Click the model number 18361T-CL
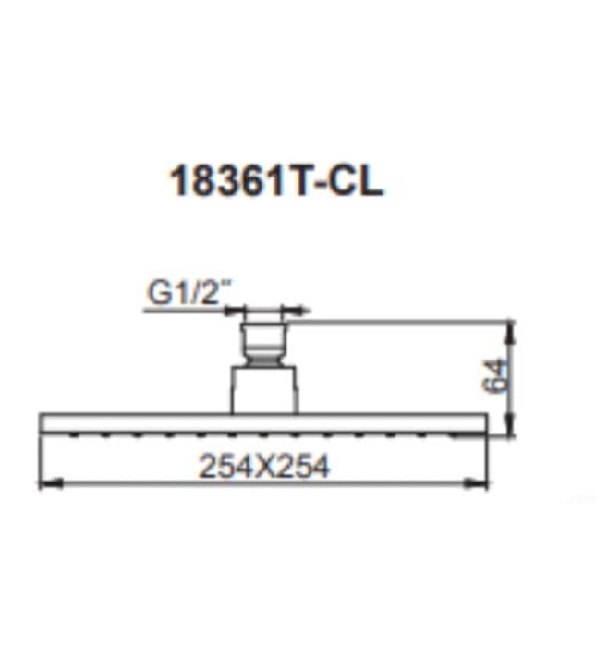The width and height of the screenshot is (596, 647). pos(274,181)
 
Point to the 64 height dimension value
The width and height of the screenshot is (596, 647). pos(497,376)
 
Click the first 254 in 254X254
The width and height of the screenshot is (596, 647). pos(221,467)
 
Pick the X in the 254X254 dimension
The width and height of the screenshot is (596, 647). pos(263,467)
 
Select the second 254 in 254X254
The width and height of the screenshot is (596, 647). pos(305,467)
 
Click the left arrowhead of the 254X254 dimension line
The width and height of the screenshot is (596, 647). pos(46,482)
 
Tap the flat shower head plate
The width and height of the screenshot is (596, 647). pos(262,423)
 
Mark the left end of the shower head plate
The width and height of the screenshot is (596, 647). pos(43,423)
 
